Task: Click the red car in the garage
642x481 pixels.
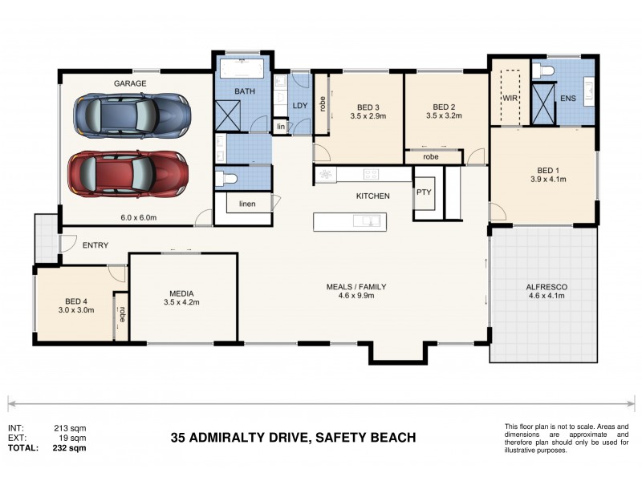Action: coord(128,171)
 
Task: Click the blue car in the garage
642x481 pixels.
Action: coord(132,115)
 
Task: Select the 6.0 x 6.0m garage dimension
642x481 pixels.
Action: coord(139,217)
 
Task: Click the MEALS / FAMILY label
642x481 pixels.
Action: coord(351,286)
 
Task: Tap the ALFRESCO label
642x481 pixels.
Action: coord(545,286)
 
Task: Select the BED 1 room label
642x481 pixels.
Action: coord(548,170)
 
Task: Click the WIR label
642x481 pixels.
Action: coord(510,98)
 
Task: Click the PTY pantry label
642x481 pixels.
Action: coord(423,193)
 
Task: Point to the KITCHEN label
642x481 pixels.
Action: coord(373,196)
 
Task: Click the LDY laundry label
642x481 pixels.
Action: coord(299,105)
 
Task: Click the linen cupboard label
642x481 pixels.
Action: coord(247,204)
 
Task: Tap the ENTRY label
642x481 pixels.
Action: coord(95,245)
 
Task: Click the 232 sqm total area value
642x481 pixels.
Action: coord(72,448)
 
